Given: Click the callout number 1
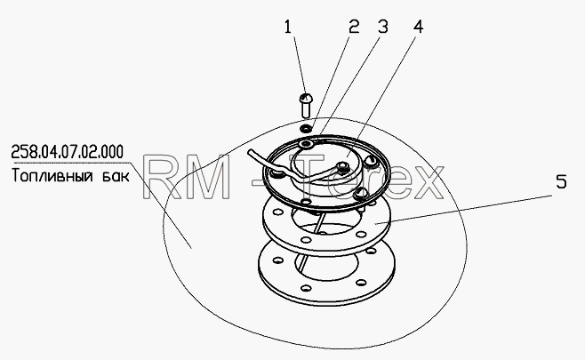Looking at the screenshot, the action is (287, 27).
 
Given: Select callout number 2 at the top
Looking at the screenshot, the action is (354, 27).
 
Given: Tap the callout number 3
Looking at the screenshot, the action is (383, 27).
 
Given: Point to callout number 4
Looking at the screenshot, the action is (418, 27).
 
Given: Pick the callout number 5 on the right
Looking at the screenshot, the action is (561, 181).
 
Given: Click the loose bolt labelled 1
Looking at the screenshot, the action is (306, 105).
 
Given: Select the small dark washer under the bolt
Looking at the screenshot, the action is (307, 129).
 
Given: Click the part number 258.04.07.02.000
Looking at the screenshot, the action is (68, 152).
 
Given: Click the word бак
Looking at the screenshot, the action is (116, 176).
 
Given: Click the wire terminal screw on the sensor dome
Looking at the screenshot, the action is (342, 165).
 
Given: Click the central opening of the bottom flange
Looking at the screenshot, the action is (325, 264).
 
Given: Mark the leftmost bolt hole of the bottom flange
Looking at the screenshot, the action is (277, 260).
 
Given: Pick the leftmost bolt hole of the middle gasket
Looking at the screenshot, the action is (276, 212).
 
